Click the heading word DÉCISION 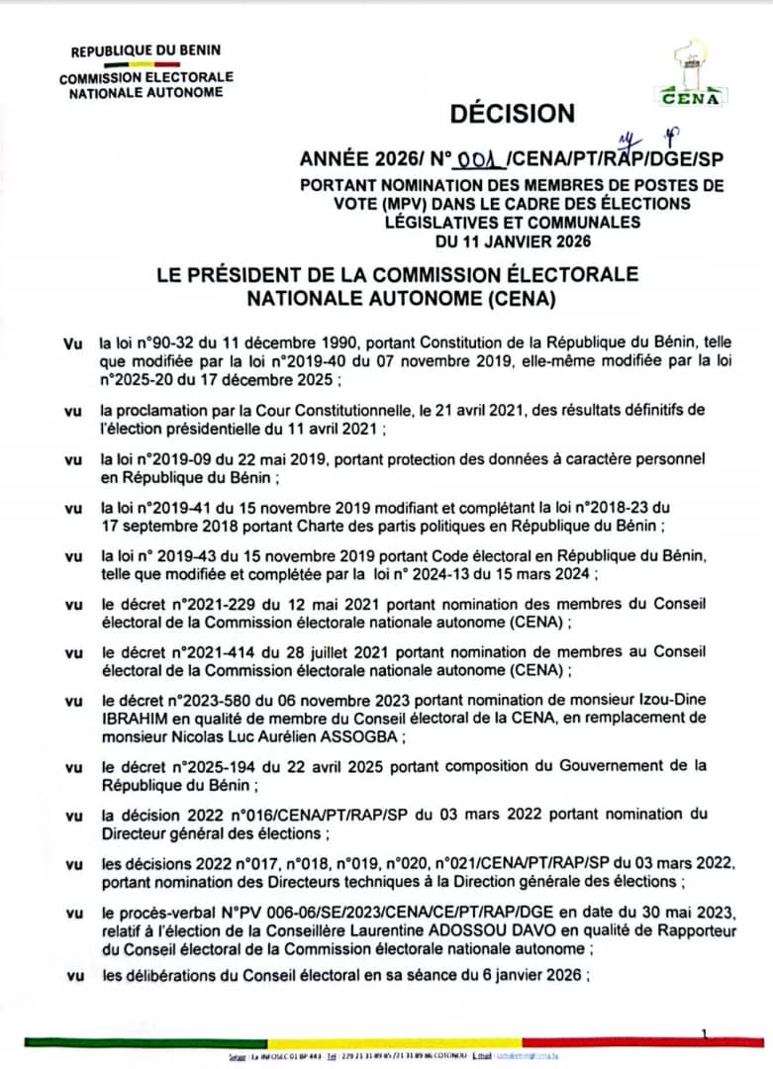pyautogui.click(x=512, y=114)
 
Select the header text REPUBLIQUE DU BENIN pyautogui.click(x=146, y=49)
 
